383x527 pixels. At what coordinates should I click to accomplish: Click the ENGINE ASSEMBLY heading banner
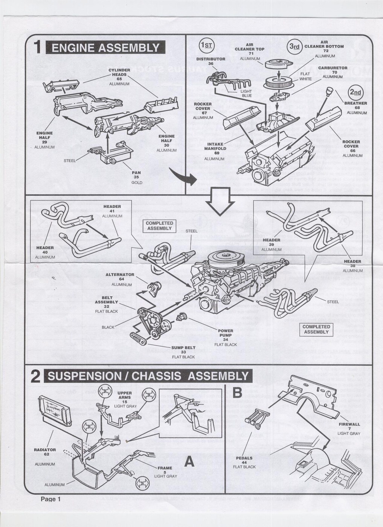point(105,48)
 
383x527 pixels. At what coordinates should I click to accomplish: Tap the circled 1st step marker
point(206,46)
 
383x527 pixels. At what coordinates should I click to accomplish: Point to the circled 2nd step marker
point(355,93)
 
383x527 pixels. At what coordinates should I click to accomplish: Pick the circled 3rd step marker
point(294,46)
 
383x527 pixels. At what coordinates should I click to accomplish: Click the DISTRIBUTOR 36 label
point(211,61)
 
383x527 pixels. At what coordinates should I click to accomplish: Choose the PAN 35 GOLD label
point(136,177)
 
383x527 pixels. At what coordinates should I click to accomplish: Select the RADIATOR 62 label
point(45,452)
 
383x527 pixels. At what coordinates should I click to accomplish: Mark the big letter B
point(237,393)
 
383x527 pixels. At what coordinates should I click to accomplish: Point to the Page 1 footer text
point(51,499)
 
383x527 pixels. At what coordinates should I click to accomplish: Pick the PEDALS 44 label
point(244,460)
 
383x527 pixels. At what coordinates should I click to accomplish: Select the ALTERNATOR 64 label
point(120,277)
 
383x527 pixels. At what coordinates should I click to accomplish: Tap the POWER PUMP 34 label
point(226,335)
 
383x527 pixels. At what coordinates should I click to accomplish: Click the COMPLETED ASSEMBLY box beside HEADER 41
point(159,225)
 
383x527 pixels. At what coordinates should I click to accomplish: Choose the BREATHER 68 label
point(356,105)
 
